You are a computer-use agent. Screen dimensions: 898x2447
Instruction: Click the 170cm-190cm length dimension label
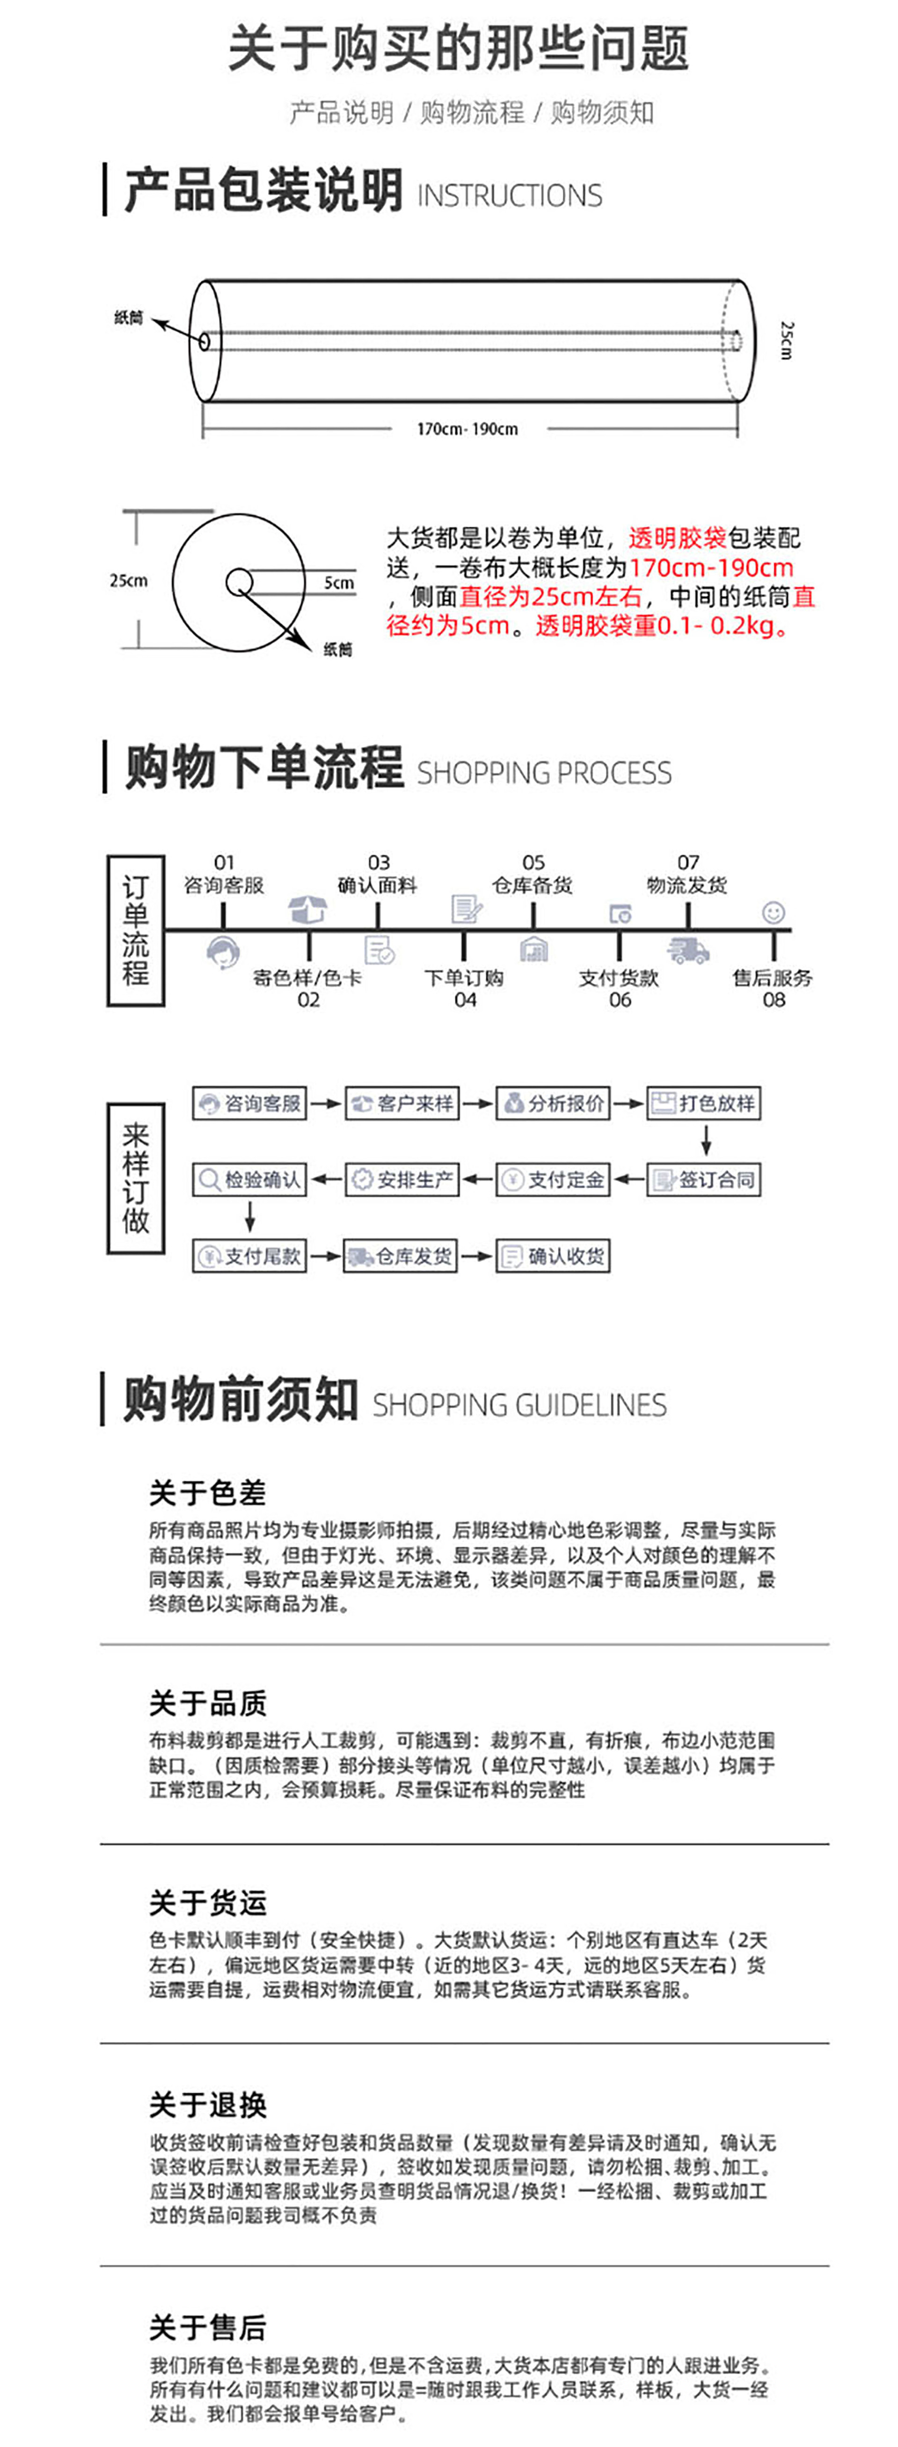pyautogui.click(x=467, y=429)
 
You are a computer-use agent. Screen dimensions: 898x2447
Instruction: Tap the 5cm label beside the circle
pyautogui.click(x=339, y=582)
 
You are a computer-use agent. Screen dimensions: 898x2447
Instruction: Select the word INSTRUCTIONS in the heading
pyautogui.click(x=509, y=195)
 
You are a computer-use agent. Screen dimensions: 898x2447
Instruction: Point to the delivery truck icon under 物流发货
pyautogui.click(x=688, y=949)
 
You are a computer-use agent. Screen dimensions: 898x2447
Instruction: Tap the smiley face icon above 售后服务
pyautogui.click(x=774, y=913)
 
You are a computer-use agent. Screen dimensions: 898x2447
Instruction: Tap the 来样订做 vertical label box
pyautogui.click(x=136, y=1179)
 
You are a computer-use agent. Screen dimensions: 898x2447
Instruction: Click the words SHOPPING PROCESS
pyautogui.click(x=545, y=773)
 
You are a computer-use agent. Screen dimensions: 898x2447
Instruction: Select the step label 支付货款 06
pyautogui.click(x=619, y=988)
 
